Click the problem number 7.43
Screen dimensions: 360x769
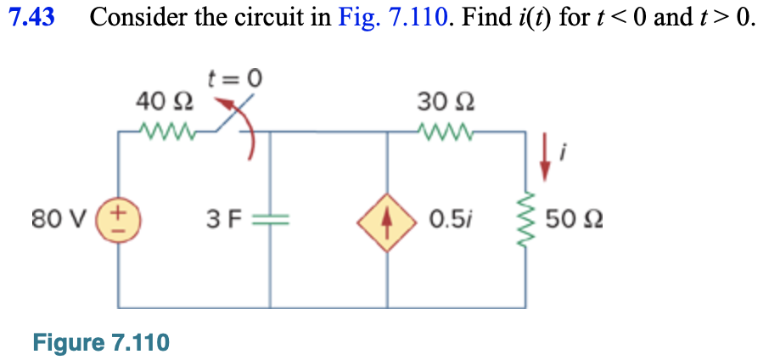click(31, 18)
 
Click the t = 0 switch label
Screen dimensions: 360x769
click(235, 80)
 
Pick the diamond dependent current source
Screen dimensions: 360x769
click(387, 221)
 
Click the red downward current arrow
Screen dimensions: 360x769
click(546, 159)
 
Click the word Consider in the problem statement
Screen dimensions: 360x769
click(135, 18)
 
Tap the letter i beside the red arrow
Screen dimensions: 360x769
click(564, 154)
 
